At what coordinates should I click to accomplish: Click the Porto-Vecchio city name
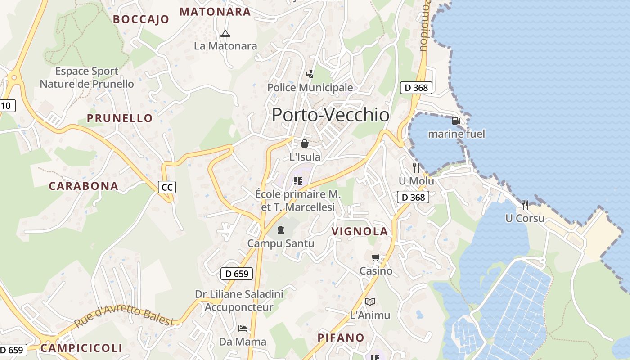[330, 115]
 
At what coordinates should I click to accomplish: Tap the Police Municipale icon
[310, 74]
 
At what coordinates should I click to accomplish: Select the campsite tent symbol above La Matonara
[225, 33]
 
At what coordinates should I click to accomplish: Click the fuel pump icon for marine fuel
[456, 121]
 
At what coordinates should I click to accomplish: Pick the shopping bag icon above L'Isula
[305, 144]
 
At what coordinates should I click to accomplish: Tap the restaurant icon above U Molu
[416, 167]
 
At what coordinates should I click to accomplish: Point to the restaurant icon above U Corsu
[525, 205]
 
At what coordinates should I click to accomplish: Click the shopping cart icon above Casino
[375, 258]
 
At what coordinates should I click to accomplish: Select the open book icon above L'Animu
[370, 301]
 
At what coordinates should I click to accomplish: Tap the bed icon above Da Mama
[243, 328]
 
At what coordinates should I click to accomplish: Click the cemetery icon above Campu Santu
[281, 230]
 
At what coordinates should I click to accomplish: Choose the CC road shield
[166, 187]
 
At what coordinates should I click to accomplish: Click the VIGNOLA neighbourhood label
[360, 231]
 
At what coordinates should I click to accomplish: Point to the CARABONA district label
[84, 186]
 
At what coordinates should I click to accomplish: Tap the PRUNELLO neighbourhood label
[120, 118]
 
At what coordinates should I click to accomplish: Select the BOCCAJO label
[141, 19]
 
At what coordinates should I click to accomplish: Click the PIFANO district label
[341, 337]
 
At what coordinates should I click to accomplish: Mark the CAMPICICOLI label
[81, 348]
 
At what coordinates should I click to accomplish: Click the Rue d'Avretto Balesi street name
[124, 316]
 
